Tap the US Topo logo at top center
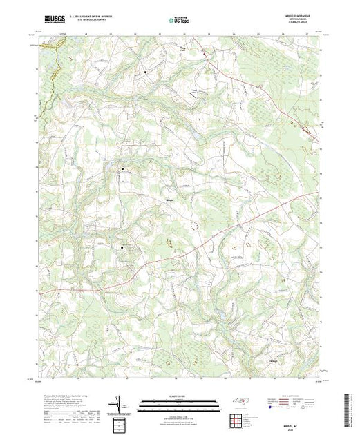click(178, 21)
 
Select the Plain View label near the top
click(182, 48)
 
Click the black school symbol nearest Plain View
click(146, 72)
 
